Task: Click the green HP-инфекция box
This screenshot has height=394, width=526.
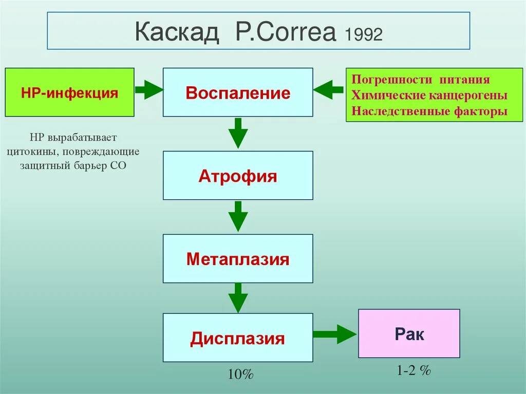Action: pos(70,92)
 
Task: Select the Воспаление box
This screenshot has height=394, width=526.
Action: pos(238,92)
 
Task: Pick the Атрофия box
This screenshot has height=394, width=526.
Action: pos(238,176)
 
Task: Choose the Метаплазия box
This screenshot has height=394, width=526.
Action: pos(238,258)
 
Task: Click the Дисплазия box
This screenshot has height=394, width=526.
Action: pos(238,337)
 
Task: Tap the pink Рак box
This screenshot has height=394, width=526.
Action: pos(409,334)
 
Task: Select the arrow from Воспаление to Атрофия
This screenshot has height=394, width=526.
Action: pos(238,133)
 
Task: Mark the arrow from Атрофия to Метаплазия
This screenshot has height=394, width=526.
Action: pos(238,216)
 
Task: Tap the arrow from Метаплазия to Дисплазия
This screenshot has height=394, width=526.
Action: pos(238,297)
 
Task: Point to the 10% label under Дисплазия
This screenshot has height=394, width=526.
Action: pos(240,374)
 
